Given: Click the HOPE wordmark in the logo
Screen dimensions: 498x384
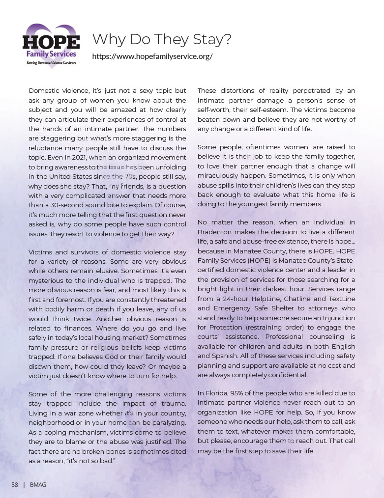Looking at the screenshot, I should click(51, 41).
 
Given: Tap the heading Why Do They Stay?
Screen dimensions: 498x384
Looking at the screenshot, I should click(162, 39).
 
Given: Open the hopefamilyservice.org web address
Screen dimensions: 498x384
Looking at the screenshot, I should click(152, 56).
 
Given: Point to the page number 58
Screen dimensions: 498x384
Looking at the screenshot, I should click(15, 485).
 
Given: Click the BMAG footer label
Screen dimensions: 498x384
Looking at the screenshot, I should click(38, 485).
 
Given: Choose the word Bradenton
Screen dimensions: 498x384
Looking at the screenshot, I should click(215, 232).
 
